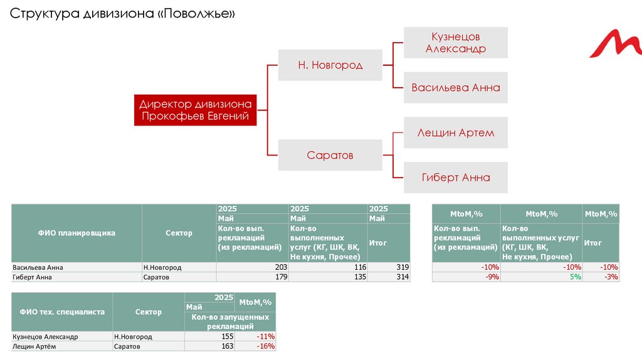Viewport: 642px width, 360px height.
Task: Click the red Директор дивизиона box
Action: (195, 110)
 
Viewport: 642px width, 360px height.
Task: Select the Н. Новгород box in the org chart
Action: (330, 65)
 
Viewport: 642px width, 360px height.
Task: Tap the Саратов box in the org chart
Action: (330, 154)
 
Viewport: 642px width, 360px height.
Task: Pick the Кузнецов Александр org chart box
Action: (456, 43)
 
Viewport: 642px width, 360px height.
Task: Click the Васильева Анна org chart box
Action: (456, 88)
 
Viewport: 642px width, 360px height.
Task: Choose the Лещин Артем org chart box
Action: (456, 132)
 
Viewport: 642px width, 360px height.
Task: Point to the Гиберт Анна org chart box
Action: (456, 177)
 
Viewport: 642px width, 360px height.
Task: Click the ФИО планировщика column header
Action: (77, 233)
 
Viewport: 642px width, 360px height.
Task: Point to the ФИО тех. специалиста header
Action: (62, 312)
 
